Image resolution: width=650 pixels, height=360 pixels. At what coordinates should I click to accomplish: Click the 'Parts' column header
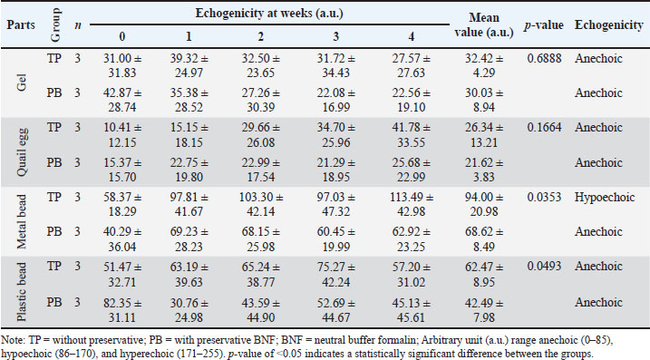pyautogui.click(x=21, y=24)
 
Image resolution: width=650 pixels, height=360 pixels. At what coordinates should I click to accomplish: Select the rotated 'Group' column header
pyautogui.click(x=55, y=24)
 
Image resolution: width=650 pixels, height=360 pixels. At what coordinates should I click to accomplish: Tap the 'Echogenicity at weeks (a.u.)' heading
pyautogui.click(x=269, y=14)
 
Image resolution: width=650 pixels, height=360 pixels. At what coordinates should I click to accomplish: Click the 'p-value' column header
pyautogui.click(x=543, y=25)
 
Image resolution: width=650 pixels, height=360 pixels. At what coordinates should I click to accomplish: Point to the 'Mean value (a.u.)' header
pyautogui.click(x=484, y=24)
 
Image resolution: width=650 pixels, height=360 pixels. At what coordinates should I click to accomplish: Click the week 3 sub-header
pyautogui.click(x=335, y=36)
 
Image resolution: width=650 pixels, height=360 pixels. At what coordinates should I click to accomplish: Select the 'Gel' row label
pyautogui.click(x=22, y=83)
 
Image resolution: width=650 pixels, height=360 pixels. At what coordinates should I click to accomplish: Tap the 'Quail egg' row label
pyautogui.click(x=22, y=151)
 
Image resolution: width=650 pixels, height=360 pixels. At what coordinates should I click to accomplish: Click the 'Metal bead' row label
pyautogui.click(x=22, y=221)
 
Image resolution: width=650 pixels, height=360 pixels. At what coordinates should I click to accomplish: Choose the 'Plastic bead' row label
pyautogui.click(x=22, y=291)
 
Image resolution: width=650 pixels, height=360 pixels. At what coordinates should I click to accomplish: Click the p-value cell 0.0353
pyautogui.click(x=544, y=197)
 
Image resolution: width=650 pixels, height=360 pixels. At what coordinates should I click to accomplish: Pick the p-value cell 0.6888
pyautogui.click(x=544, y=58)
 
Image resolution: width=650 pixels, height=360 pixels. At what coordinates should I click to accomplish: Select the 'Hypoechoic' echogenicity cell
pyautogui.click(x=605, y=198)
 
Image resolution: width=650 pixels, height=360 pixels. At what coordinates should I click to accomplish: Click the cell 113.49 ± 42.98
pyautogui.click(x=412, y=204)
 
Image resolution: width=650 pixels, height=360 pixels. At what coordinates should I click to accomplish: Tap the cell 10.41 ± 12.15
pyautogui.click(x=122, y=135)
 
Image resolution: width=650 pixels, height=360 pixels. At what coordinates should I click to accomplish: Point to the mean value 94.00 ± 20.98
pyautogui.click(x=484, y=204)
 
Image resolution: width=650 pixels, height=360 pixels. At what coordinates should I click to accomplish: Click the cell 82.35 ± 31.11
pyautogui.click(x=122, y=310)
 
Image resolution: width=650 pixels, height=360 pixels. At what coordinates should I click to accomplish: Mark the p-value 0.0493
pyautogui.click(x=544, y=267)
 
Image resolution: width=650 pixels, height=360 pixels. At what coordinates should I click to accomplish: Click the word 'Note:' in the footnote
pyautogui.click(x=13, y=341)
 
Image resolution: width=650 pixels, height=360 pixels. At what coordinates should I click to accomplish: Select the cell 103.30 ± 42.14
pyautogui.click(x=261, y=204)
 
